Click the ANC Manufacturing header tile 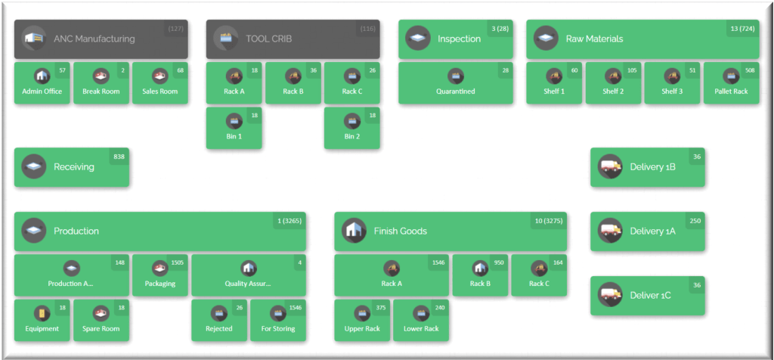pos(101,39)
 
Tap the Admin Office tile pos(42,83)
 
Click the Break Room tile pos(101,83)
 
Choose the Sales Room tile pos(159,83)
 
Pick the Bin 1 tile pos(234,128)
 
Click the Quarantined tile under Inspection pos(455,83)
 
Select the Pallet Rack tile pos(731,83)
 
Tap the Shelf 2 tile pos(612,83)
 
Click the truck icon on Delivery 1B pos(610,167)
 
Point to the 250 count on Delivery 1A pos(695,220)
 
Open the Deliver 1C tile pos(647,296)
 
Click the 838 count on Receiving pos(119,157)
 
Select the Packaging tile pos(159,275)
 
